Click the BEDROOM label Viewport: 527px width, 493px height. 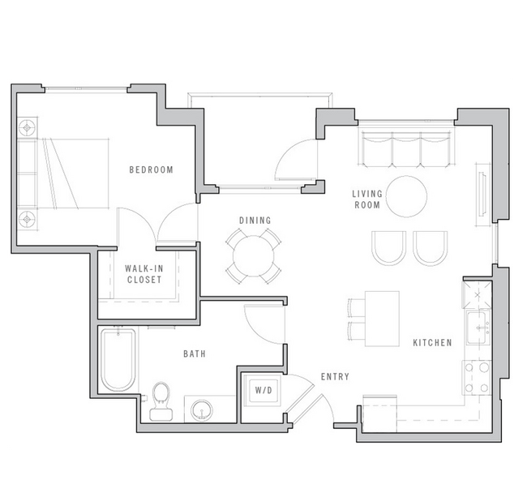pos(152,170)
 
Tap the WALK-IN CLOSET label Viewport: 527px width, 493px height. pos(144,274)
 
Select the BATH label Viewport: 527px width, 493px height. pos(195,354)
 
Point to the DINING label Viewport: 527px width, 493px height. pos(255,221)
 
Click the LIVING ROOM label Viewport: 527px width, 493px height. pos(366,199)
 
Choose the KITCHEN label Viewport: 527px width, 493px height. pos(432,343)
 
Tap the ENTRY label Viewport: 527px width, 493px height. pos(335,377)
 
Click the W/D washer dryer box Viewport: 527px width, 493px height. pos(263,391)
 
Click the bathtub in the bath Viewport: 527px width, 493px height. pos(118,358)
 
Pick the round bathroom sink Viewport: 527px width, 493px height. pos(200,409)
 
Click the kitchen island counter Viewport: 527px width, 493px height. pos(381,318)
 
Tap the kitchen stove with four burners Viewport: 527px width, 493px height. pos(478,374)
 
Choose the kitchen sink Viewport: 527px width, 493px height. pos(478,327)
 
